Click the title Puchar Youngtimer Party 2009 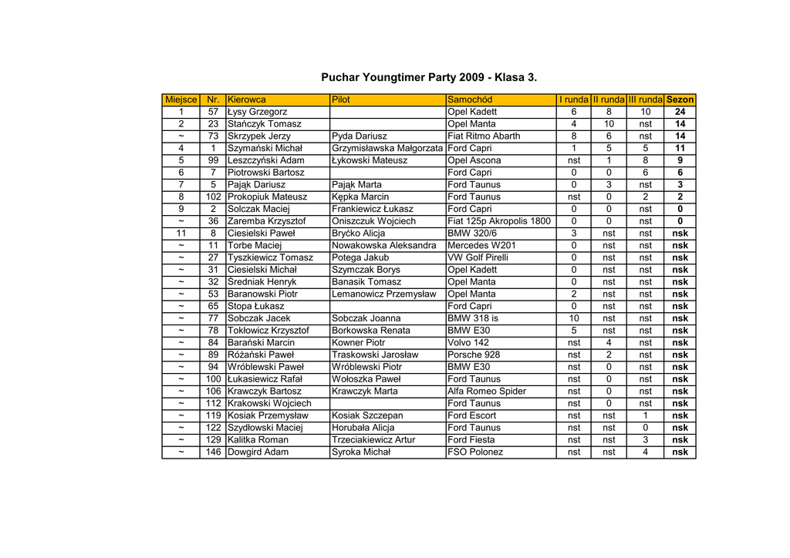428,78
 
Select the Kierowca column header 247,99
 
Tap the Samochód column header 470,99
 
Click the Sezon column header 680,99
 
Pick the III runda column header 645,99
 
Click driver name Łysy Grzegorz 258,112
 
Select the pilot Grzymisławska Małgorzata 387,148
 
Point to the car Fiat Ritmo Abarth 484,136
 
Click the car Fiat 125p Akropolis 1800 499,221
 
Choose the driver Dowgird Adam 258,452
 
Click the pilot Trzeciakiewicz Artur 373,439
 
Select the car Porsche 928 473,355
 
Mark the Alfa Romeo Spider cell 487,391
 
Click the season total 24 680,112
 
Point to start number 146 213,452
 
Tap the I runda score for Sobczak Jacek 574,318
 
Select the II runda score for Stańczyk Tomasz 609,123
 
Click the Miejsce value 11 181,233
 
